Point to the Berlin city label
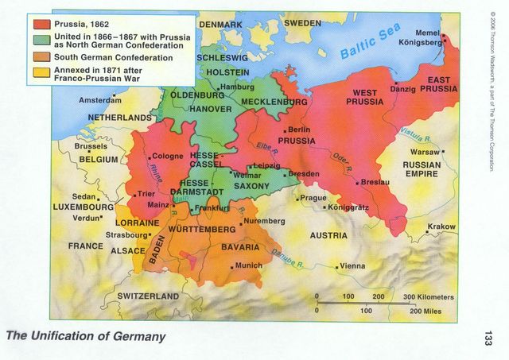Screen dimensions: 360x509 pyautogui.click(x=298, y=130)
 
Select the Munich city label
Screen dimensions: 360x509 pyautogui.click(x=248, y=265)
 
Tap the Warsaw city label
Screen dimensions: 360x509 pyautogui.click(x=425, y=152)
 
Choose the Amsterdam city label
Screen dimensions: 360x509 pyautogui.click(x=99, y=101)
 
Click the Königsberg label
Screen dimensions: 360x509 pyautogui.click(x=419, y=43)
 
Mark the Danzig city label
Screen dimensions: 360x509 pyautogui.click(x=403, y=89)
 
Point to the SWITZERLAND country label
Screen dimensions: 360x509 pyautogui.click(x=148, y=296)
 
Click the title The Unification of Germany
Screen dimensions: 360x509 pyautogui.click(x=86, y=336)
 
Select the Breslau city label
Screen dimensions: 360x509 pyautogui.click(x=375, y=182)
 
